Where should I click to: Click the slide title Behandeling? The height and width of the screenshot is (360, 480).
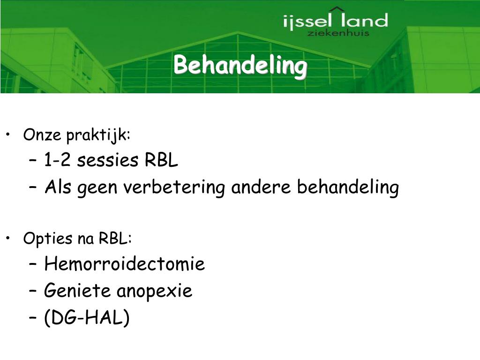240,66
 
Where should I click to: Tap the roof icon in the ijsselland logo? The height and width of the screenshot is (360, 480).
337,9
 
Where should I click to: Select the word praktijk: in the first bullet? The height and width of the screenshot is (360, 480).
98,135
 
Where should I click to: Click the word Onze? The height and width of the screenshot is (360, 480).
42,135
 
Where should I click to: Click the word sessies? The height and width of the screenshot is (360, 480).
108,161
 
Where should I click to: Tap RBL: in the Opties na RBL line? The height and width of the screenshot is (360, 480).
115,239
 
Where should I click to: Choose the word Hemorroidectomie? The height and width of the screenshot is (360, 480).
124,264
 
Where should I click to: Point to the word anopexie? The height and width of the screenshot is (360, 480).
154,292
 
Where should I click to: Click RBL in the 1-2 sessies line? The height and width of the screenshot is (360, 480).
161,161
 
